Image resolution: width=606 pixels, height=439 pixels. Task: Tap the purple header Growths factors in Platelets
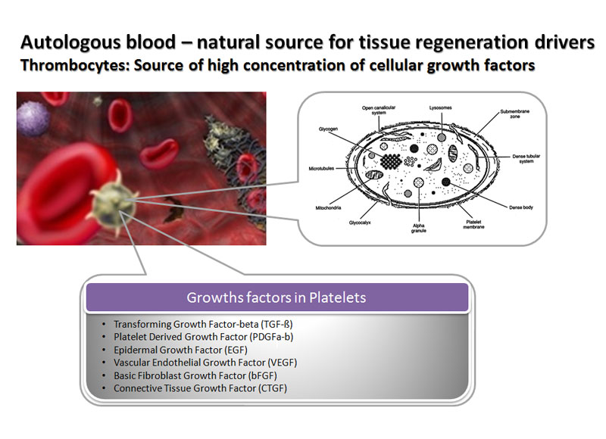(276, 297)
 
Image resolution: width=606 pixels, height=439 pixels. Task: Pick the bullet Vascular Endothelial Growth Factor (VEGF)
(205, 363)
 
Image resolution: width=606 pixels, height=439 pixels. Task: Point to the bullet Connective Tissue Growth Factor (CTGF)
(200, 388)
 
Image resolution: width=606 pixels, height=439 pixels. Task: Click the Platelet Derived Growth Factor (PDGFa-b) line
(198, 337)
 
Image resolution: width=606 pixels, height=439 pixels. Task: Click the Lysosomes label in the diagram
(440, 107)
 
